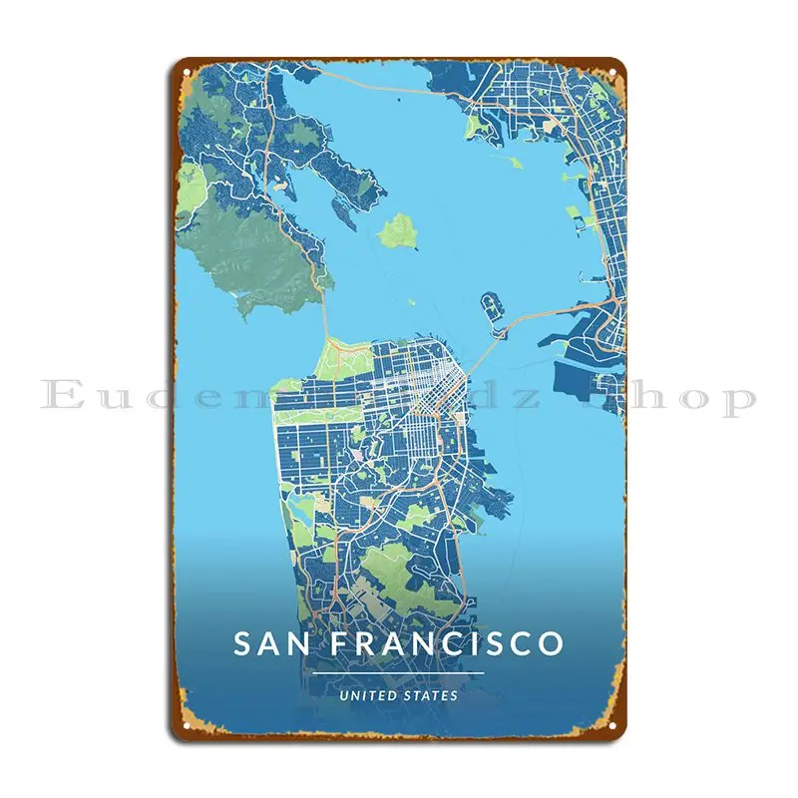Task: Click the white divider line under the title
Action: (x=398, y=673)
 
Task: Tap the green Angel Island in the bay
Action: (x=399, y=231)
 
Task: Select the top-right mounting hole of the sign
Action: (x=609, y=73)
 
